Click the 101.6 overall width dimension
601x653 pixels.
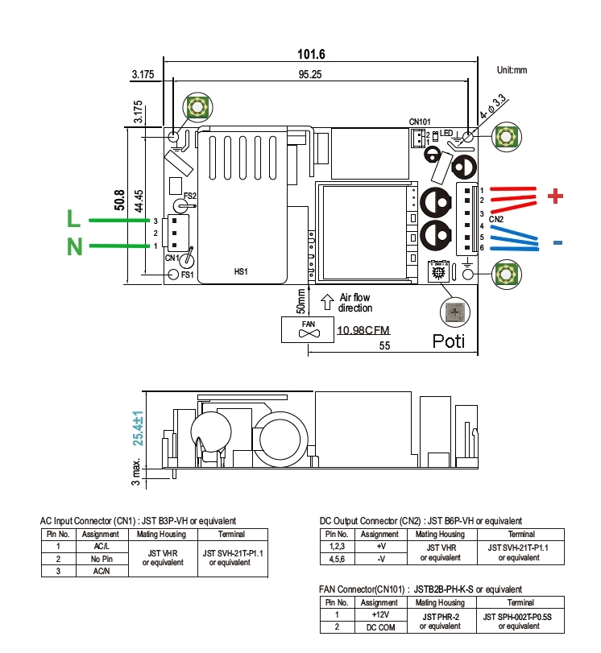click(311, 55)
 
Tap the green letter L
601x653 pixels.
click(73, 219)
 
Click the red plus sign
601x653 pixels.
click(554, 195)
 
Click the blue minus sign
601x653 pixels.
click(557, 242)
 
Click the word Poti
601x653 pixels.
click(449, 341)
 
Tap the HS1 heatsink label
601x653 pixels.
click(240, 272)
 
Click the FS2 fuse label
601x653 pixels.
click(190, 196)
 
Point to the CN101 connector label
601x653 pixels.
click(420, 122)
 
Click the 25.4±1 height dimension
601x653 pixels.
click(138, 428)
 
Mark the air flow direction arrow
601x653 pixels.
click(328, 303)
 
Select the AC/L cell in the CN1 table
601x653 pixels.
click(101, 547)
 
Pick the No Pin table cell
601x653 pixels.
click(101, 558)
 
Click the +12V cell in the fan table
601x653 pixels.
click(381, 614)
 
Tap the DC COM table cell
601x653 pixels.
click(381, 626)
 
